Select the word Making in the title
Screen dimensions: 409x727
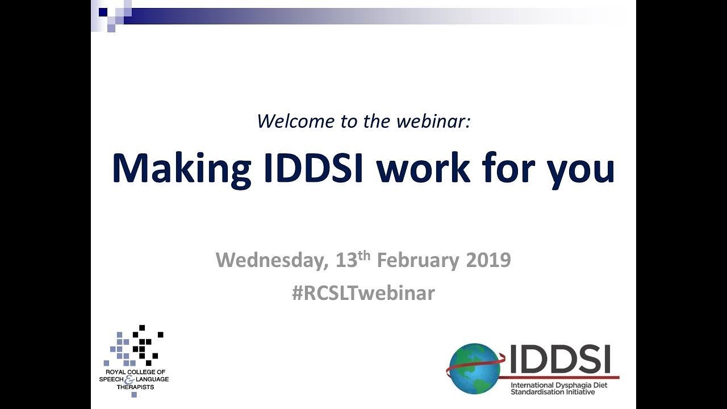pos(181,169)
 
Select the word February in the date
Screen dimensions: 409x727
pos(418,261)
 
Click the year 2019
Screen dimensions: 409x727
pos(488,261)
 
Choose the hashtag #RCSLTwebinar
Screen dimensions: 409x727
pos(363,293)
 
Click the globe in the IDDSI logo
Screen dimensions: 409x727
pos(474,369)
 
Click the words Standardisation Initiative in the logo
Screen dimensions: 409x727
pos(553,392)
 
